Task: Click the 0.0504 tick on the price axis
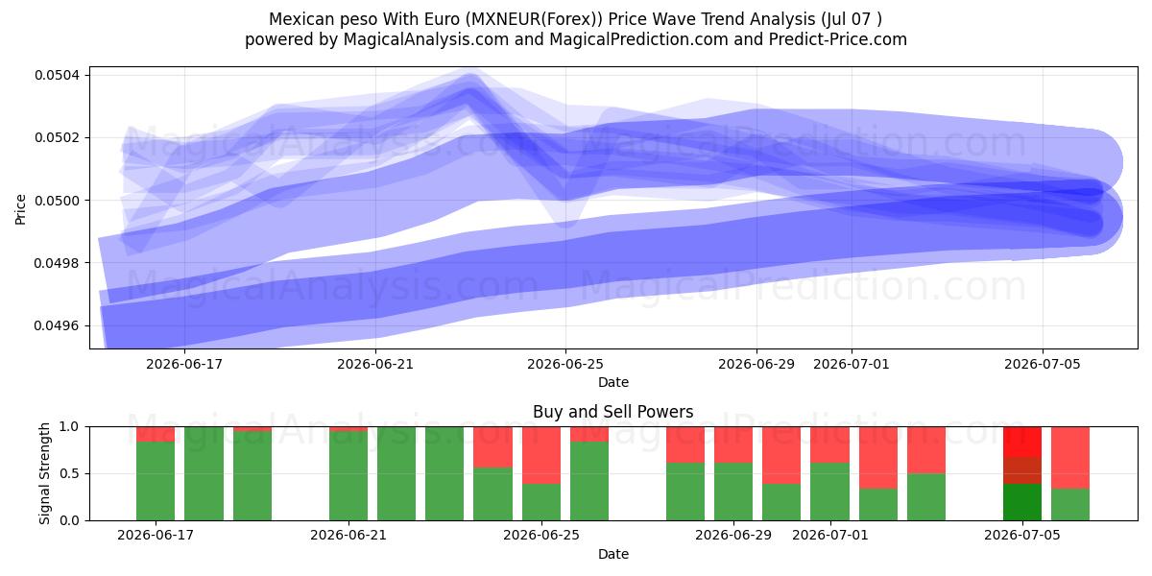[57, 76]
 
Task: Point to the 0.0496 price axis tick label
[57, 326]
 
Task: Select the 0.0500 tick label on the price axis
[57, 201]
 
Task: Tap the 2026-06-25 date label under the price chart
[565, 364]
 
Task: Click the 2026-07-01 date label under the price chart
[852, 364]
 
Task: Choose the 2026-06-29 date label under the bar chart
[733, 535]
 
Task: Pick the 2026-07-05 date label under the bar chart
[1022, 535]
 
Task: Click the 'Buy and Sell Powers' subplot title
[613, 412]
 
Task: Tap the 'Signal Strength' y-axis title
[45, 473]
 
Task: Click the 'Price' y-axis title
[20, 209]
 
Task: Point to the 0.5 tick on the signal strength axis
[69, 473]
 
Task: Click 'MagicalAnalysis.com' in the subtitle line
[426, 39]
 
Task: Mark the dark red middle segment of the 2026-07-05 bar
[1022, 470]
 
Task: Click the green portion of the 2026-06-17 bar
[156, 481]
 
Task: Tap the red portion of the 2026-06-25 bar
[541, 455]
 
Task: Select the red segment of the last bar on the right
[1070, 458]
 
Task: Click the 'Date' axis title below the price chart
[613, 383]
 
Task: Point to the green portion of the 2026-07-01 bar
[830, 492]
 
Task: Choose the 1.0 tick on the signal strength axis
[69, 427]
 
